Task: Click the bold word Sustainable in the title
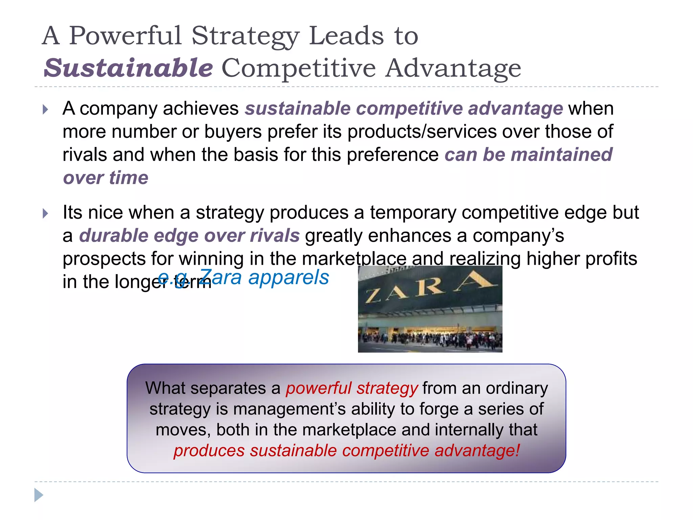coord(128,68)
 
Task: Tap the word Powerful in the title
coord(126,36)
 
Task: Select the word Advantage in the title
coord(453,68)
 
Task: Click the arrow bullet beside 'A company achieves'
coord(46,109)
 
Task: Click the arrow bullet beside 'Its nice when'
coord(46,214)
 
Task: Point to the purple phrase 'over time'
coord(106,178)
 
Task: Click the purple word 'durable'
coord(114,235)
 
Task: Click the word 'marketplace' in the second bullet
coord(354,259)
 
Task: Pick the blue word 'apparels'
coord(288,278)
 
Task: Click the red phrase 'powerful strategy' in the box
coord(352,388)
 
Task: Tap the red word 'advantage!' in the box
coord(477,451)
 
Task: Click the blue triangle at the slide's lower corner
coord(39,495)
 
